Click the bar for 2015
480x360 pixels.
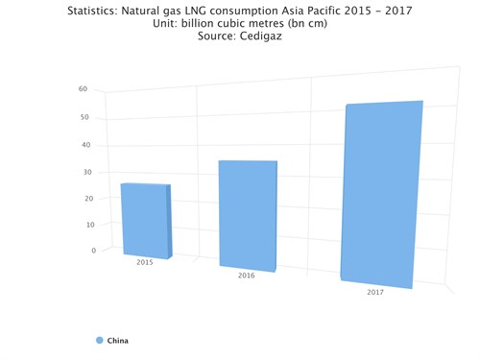click(x=144, y=220)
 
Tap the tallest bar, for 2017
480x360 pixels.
click(x=381, y=193)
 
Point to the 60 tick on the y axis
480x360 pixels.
click(x=84, y=89)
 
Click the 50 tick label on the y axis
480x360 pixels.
click(x=84, y=118)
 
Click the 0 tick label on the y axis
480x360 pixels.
click(x=93, y=250)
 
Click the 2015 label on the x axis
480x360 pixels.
click(x=145, y=262)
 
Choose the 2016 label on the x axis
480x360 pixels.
click(x=246, y=276)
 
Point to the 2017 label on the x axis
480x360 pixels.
click(x=375, y=292)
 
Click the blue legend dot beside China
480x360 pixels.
click(x=100, y=340)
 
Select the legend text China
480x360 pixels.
click(x=117, y=340)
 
